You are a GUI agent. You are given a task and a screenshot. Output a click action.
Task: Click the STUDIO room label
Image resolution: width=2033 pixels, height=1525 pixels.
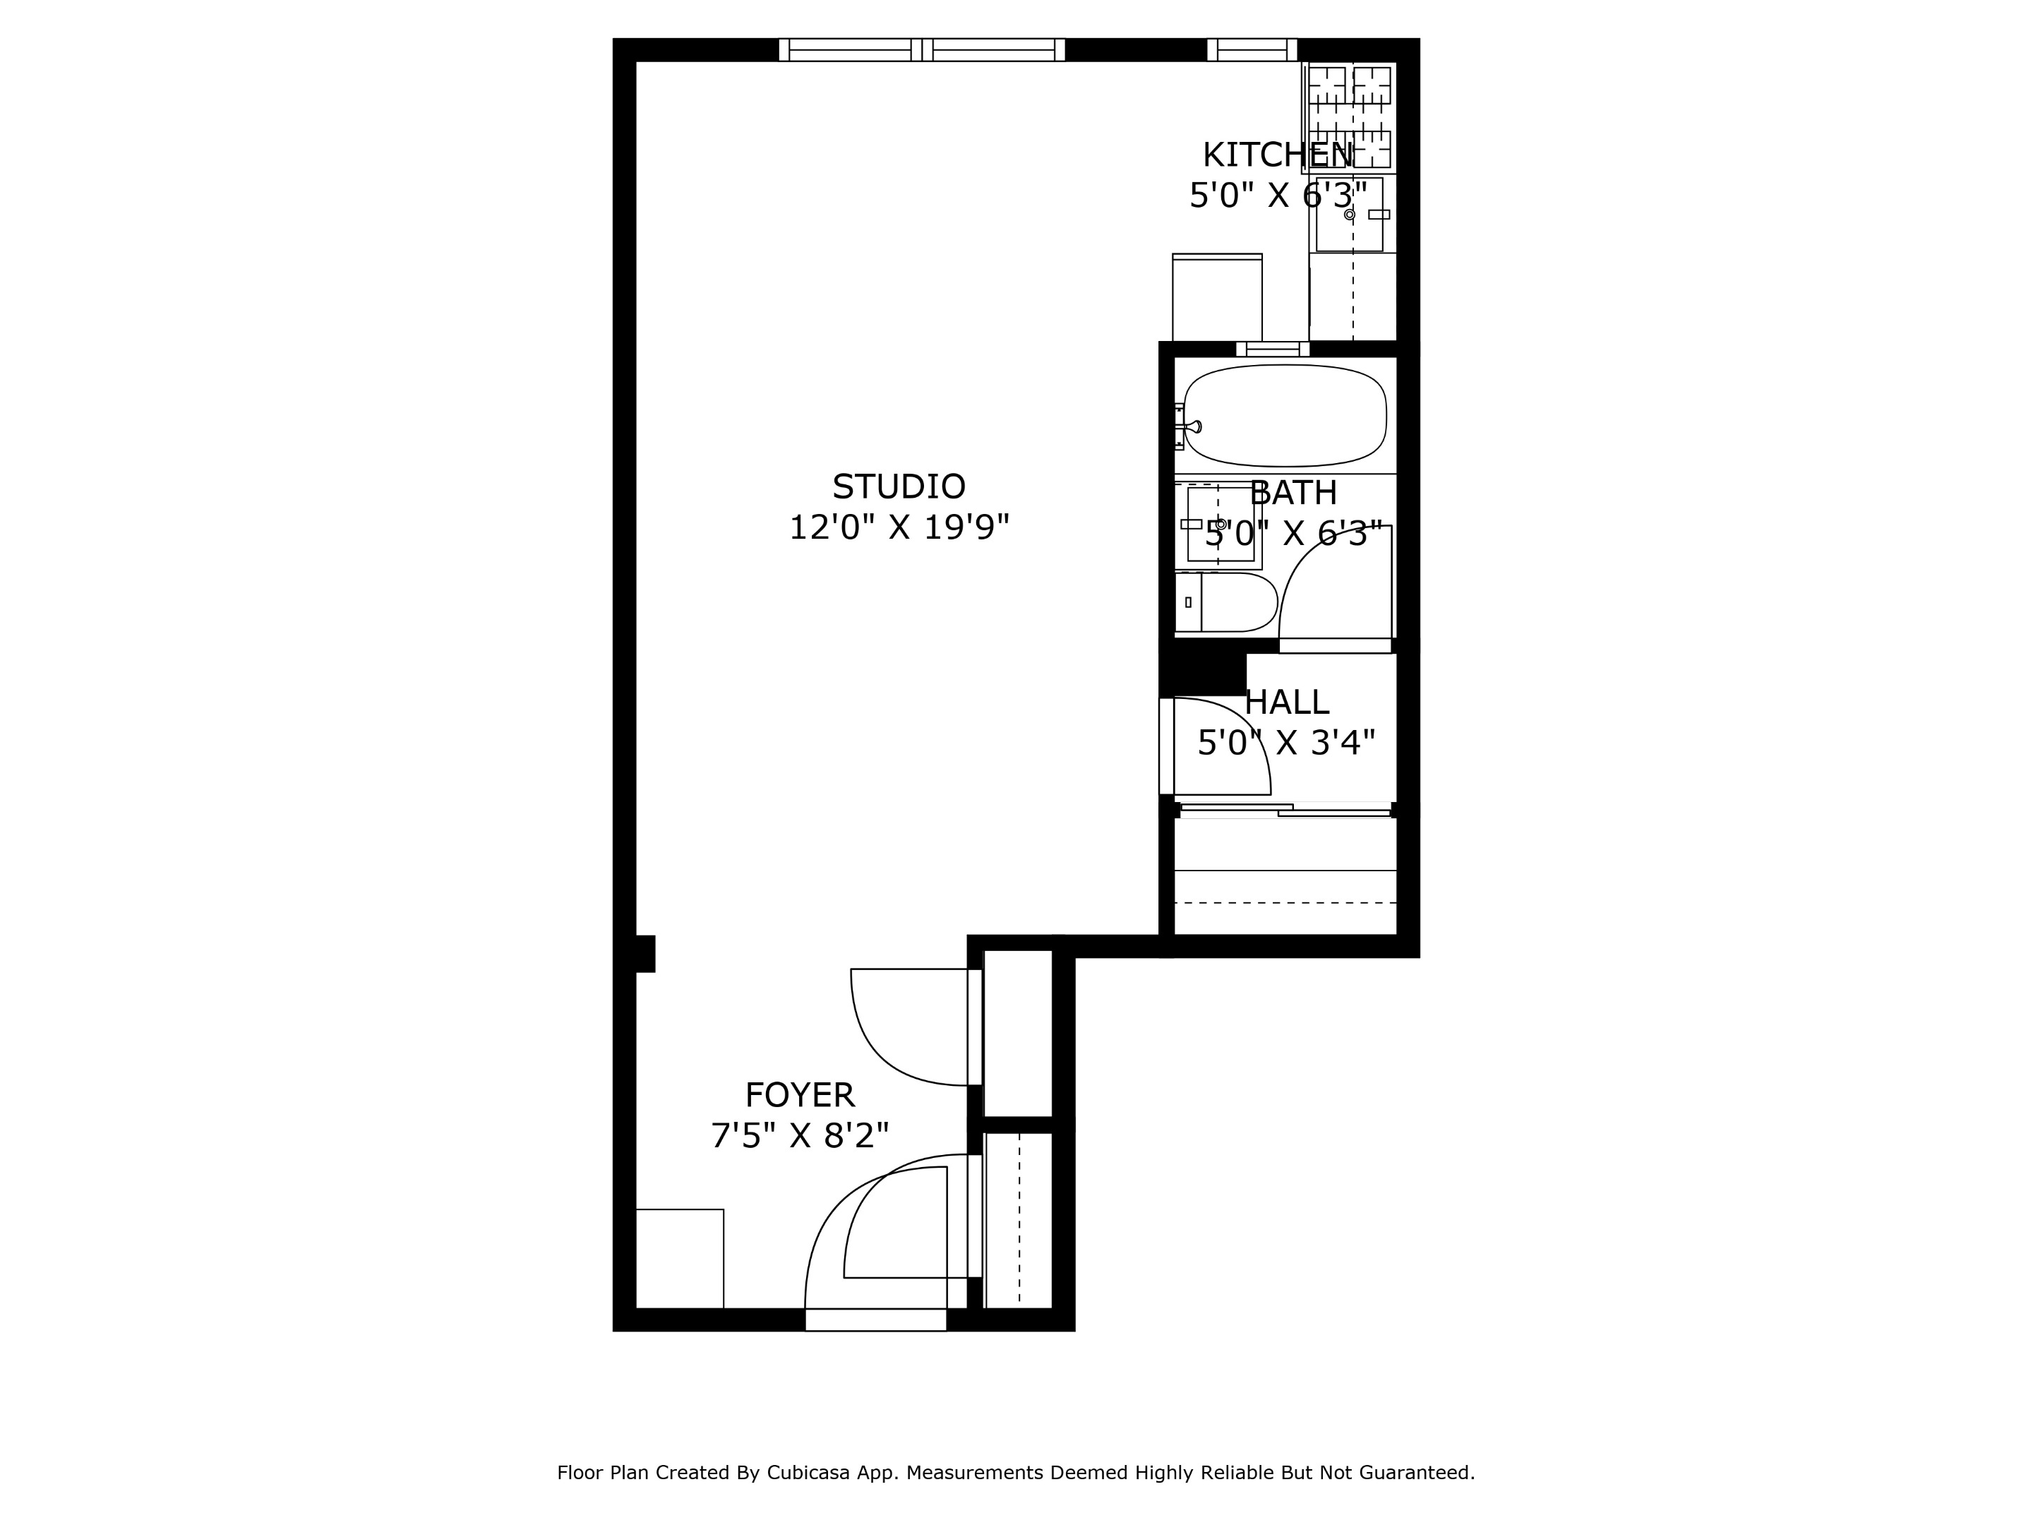coord(898,486)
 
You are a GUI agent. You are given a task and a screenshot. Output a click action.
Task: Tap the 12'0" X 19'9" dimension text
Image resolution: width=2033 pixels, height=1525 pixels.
coord(898,527)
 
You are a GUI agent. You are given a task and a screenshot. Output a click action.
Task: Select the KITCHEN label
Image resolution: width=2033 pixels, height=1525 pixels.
coord(1278,155)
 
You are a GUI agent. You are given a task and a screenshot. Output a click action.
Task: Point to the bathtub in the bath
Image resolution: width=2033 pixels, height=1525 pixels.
coord(1284,415)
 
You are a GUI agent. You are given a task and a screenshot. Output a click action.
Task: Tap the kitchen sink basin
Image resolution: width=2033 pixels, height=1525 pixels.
coord(1348,214)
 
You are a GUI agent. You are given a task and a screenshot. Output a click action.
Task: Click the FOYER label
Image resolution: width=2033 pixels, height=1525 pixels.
coord(800,1095)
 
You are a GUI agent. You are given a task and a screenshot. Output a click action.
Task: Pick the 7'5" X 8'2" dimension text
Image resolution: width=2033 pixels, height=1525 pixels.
coord(800,1136)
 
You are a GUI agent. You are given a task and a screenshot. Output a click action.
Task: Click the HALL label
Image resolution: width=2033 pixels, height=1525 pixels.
coord(1287,702)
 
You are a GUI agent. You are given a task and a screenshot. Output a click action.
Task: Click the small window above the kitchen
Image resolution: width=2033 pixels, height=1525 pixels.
coord(1251,49)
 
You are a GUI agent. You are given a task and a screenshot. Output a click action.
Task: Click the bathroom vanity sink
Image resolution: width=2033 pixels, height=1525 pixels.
coord(1220,524)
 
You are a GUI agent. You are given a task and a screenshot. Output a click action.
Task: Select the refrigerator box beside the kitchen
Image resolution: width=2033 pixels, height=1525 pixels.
coord(1217,297)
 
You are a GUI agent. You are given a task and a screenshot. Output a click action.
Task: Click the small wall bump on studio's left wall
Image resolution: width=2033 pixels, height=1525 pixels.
coord(645,953)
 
